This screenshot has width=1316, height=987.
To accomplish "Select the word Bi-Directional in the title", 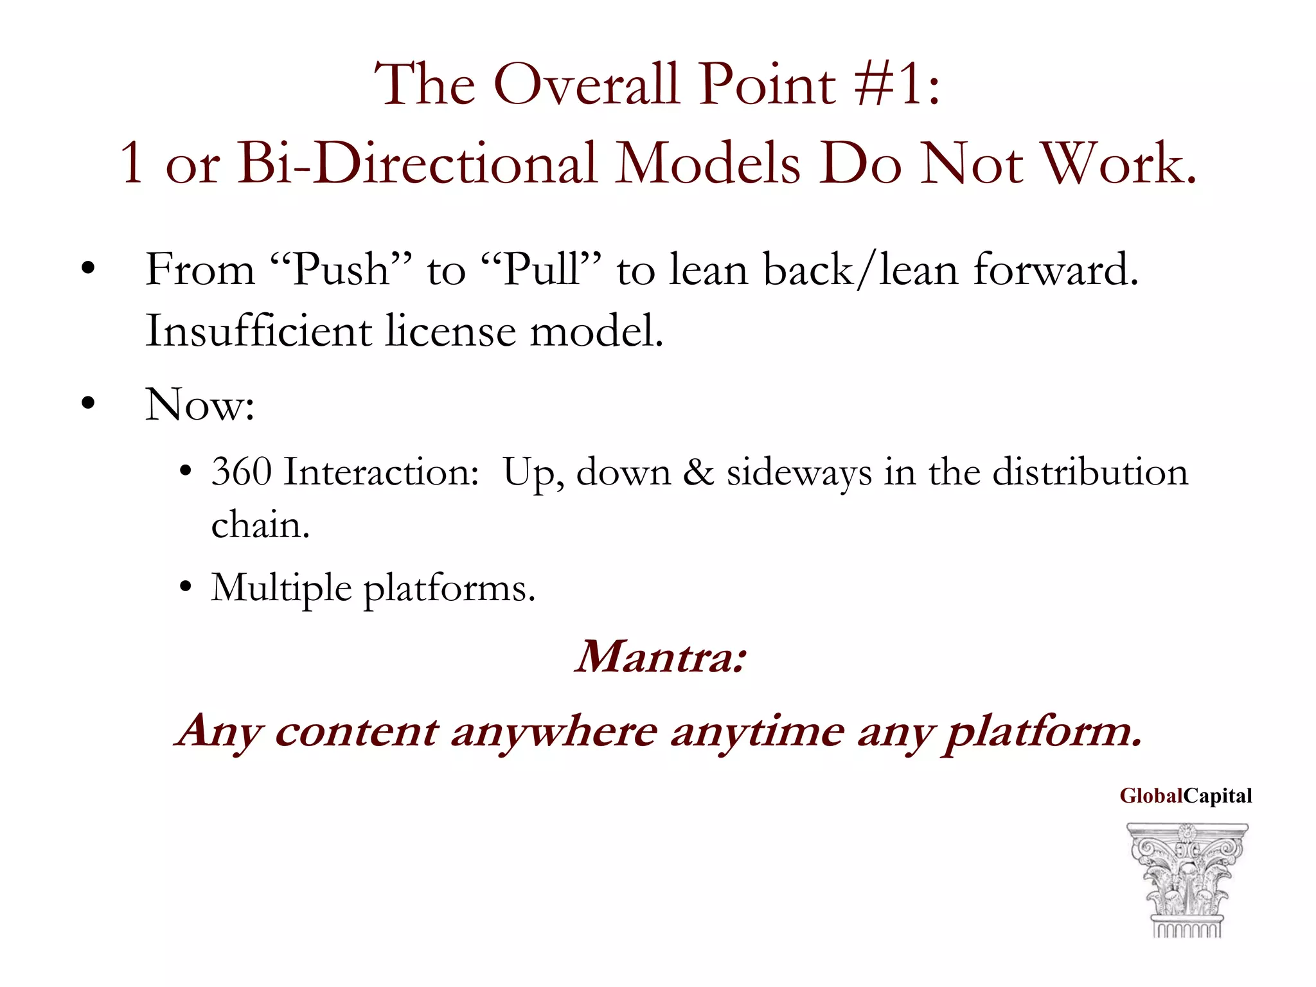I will [x=418, y=164].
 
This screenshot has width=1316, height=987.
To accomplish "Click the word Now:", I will [x=200, y=405].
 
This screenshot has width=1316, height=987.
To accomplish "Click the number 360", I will [x=242, y=472].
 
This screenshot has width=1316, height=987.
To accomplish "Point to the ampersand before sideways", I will [x=698, y=472].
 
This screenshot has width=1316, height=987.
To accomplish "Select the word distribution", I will [x=1090, y=472].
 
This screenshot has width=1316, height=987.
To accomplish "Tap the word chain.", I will [x=260, y=524].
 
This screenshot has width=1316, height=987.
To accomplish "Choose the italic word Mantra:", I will [x=661, y=657].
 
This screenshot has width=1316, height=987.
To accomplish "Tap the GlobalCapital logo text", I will [x=1186, y=796].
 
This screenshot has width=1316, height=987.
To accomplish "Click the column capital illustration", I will [x=1187, y=880].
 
